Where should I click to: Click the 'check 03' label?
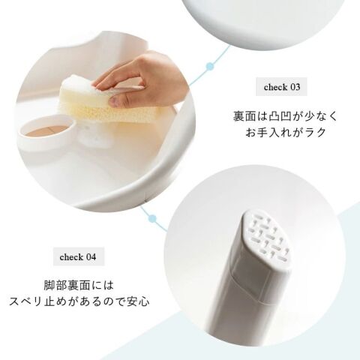[x=281, y=87]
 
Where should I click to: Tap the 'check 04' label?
[x=78, y=256]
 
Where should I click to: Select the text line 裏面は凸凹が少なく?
[x=286, y=116]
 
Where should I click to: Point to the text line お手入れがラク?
[x=286, y=132]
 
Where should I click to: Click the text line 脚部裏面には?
[x=79, y=286]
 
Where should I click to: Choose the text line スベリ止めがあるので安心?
[x=79, y=301]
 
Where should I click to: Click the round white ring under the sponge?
[x=46, y=133]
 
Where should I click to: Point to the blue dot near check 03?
[x=210, y=66]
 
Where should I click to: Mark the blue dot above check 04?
[x=152, y=219]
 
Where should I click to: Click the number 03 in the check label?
[x=295, y=87]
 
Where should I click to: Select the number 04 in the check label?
[x=91, y=257]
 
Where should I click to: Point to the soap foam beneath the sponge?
[x=92, y=137]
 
